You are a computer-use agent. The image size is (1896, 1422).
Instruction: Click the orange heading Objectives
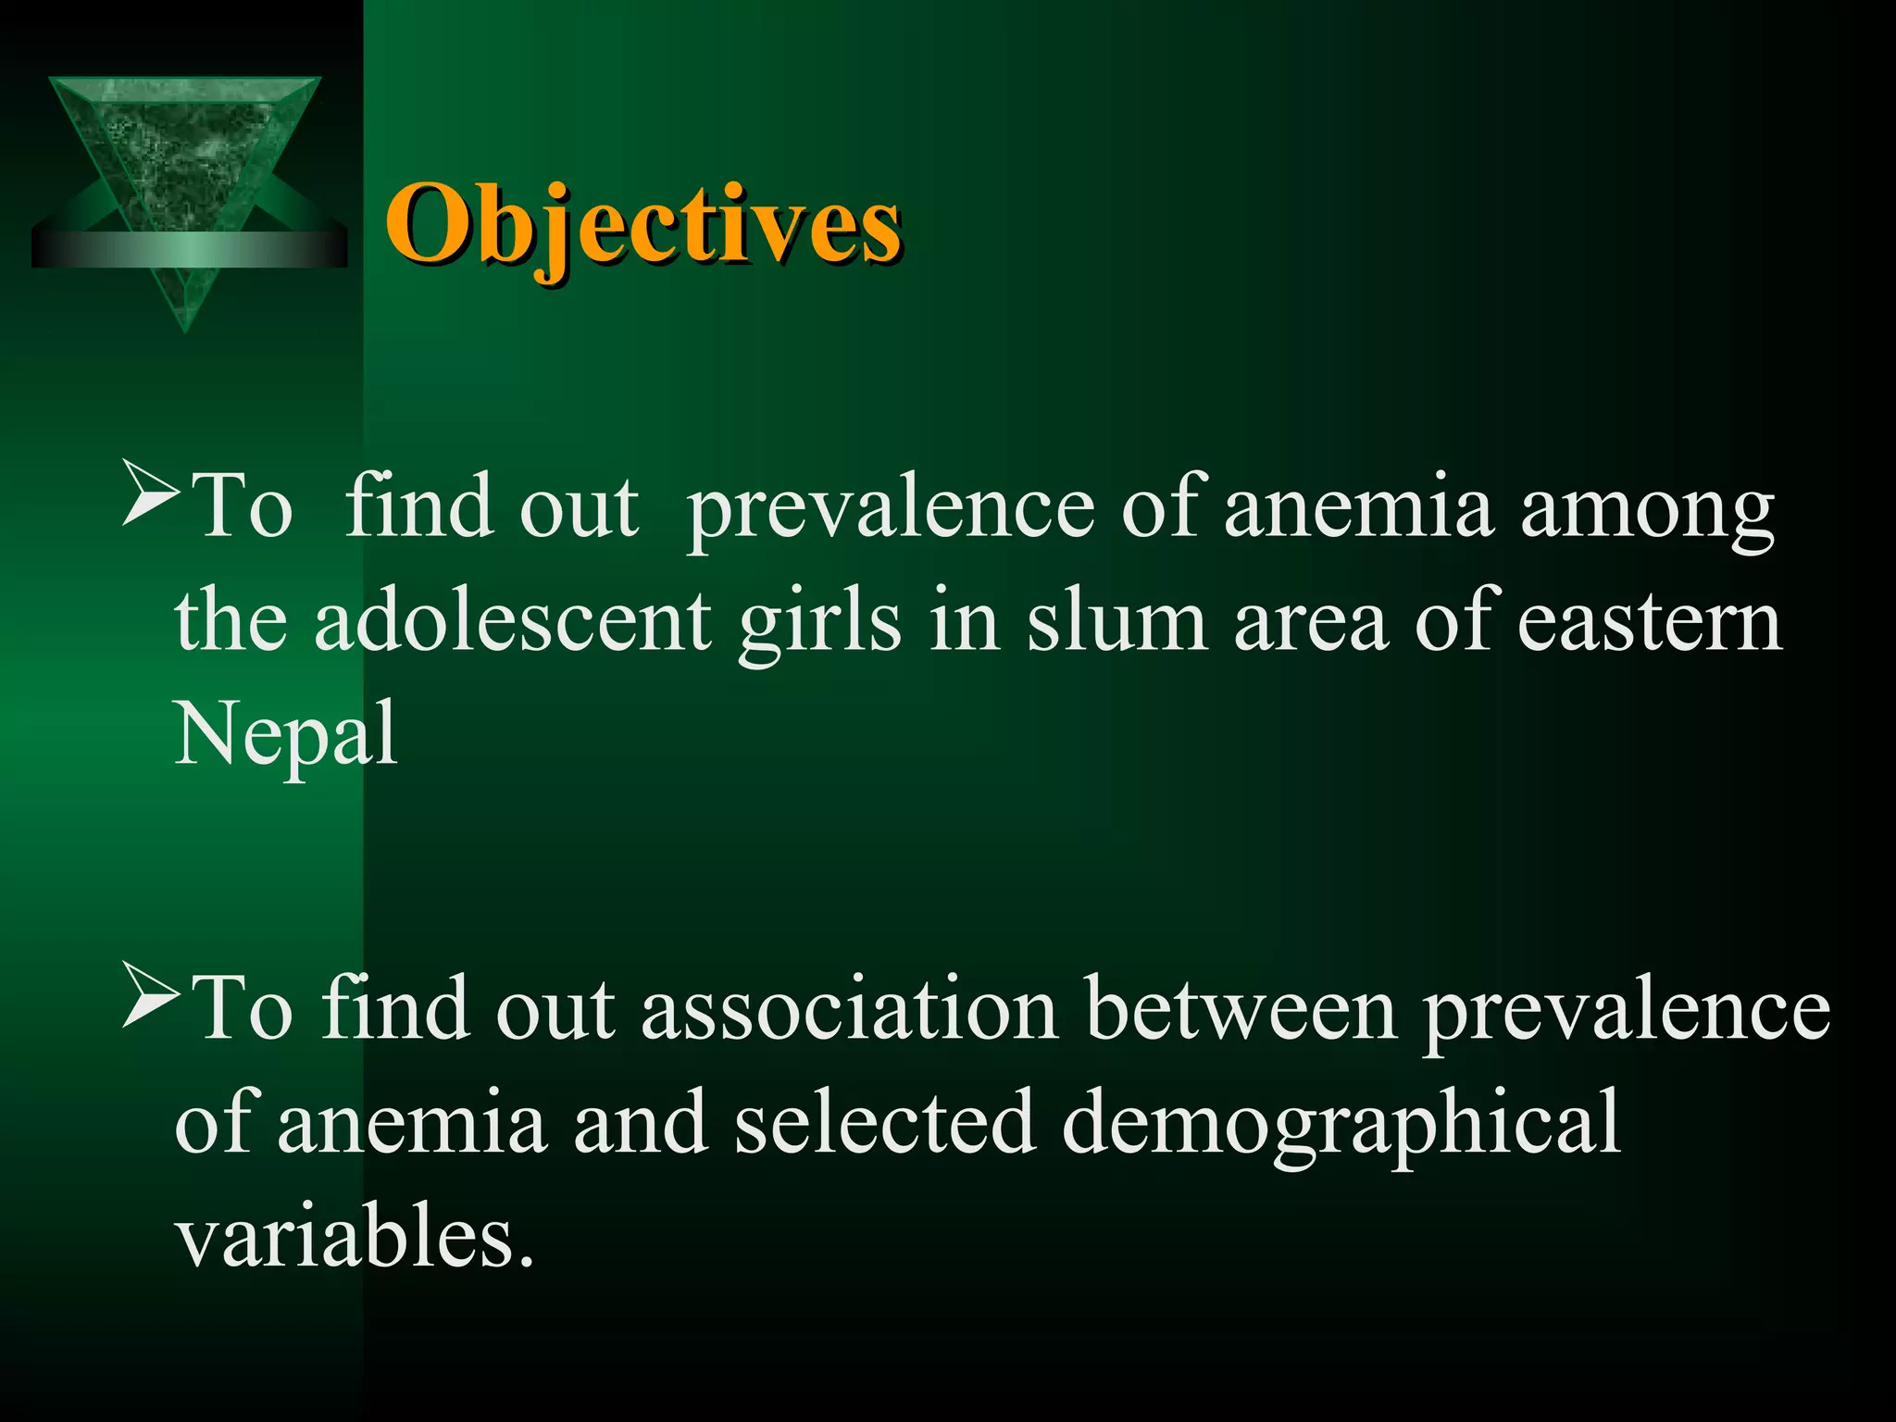642,225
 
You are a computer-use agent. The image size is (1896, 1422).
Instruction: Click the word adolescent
512,622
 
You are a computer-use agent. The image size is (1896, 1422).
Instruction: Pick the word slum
1116,622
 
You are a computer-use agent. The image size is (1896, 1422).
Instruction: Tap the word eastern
1649,622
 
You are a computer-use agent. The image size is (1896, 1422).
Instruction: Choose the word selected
884,1122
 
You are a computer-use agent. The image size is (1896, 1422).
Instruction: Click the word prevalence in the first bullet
891,509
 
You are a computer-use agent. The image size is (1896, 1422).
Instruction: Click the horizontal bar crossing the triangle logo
189,249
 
